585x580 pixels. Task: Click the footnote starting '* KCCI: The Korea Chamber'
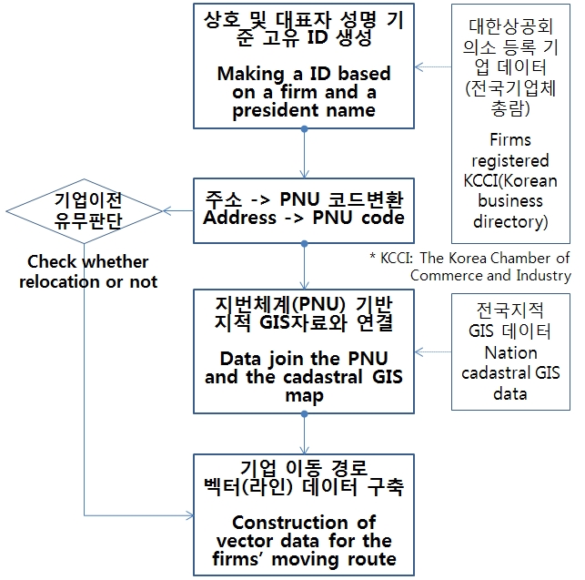469,259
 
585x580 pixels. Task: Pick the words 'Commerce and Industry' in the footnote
490,275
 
